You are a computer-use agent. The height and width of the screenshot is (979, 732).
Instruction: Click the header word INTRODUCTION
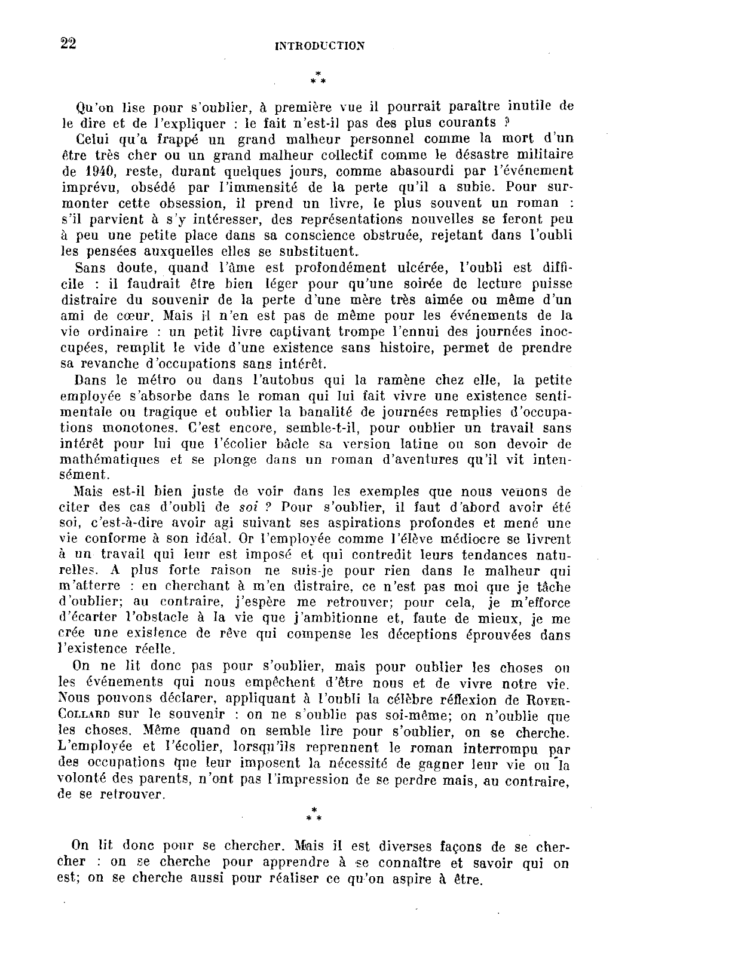[319, 46]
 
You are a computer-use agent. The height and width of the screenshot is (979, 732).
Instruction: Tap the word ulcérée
[418, 268]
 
